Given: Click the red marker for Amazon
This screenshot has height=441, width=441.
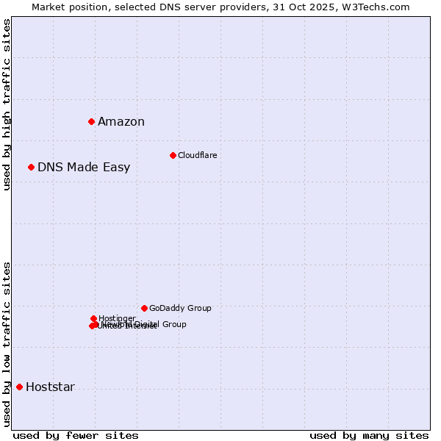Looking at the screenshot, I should (91, 121).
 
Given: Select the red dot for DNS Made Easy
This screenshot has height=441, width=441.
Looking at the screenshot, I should (31, 167).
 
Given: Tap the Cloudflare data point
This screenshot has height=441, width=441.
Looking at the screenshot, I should (173, 155).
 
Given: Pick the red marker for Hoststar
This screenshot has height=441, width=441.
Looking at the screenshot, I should (19, 387).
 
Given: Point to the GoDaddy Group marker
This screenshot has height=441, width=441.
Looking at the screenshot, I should (144, 308).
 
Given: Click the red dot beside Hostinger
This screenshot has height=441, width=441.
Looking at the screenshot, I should (93, 318).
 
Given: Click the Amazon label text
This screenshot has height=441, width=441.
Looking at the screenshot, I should (121, 122).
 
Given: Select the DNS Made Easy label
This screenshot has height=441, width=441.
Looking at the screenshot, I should (84, 168).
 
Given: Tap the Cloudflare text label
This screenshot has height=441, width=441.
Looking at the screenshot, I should (197, 155).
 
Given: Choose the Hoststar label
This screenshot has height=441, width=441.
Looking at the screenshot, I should (50, 387).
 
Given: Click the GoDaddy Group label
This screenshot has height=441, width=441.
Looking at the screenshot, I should (180, 308).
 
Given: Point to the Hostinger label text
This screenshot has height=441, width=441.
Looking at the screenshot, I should (117, 318).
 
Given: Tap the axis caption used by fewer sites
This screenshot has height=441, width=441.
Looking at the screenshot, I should (76, 435).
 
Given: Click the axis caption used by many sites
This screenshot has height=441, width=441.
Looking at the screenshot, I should (369, 435).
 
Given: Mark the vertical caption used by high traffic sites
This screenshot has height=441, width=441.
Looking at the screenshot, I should (7, 104).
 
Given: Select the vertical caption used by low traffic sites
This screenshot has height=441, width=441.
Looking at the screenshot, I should (7, 344).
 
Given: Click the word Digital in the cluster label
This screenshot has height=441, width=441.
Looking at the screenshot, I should (147, 324).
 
